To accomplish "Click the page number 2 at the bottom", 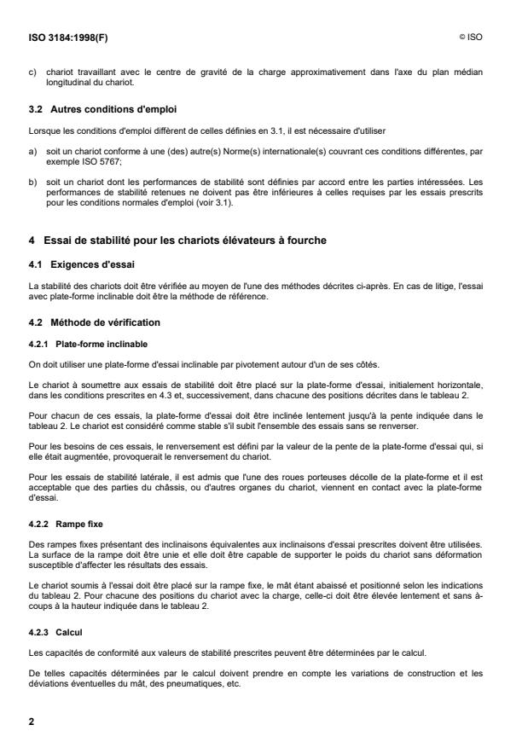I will pos(32,721).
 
